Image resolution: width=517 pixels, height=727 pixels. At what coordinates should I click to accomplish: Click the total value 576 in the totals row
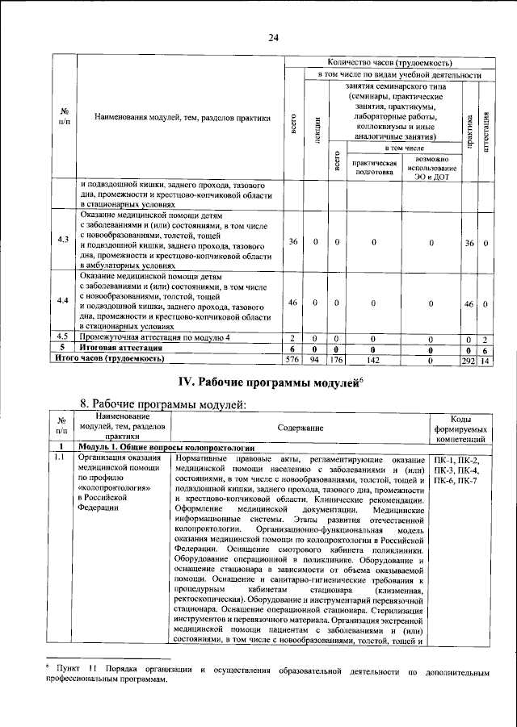click(292, 357)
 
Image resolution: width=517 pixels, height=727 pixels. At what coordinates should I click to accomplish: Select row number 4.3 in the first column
click(64, 240)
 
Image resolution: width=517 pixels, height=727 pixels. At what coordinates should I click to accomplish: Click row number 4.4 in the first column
click(64, 300)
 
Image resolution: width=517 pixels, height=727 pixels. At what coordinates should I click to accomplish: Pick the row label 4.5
click(64, 336)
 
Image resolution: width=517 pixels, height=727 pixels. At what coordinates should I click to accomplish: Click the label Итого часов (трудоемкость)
click(109, 357)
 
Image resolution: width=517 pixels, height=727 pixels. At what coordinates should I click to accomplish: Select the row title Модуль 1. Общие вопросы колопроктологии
click(166, 447)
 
